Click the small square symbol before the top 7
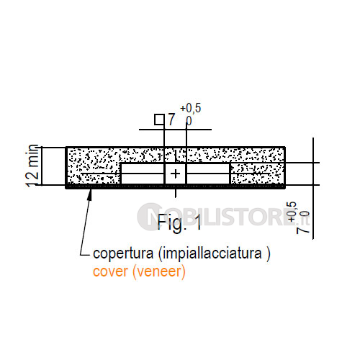click(x=159, y=120)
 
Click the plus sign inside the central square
click(x=176, y=174)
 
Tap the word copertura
click(x=123, y=254)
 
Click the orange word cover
click(x=110, y=272)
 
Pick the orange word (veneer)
click(x=159, y=272)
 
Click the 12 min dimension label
click(x=32, y=166)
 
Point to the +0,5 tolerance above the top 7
click(x=191, y=108)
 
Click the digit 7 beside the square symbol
click(x=171, y=120)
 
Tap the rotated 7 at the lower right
click(x=303, y=230)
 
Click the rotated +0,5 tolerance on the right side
click(x=292, y=212)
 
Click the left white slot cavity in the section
click(x=143, y=174)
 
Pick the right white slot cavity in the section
click(x=208, y=174)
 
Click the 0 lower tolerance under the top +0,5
click(x=189, y=121)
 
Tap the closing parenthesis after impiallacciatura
click(x=268, y=254)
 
